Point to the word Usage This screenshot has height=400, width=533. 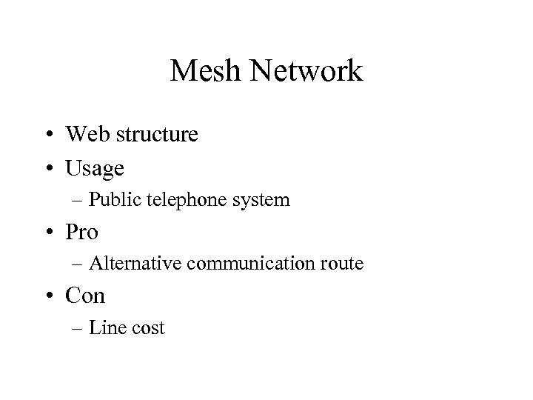coord(95,169)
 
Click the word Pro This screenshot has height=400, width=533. coord(81,232)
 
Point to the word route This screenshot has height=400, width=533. coord(341,264)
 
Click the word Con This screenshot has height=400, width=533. coord(86,296)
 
